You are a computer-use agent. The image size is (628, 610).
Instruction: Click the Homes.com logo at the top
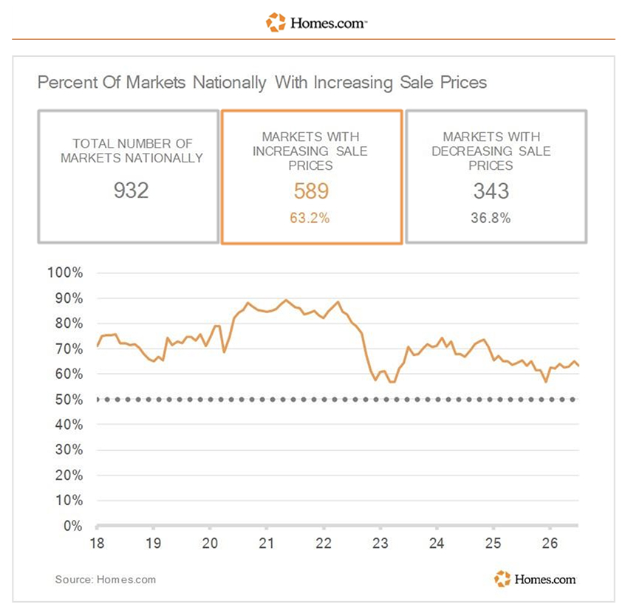tap(316, 22)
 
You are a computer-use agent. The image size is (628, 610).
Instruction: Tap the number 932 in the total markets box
tap(131, 191)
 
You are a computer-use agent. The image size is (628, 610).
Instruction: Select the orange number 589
tap(311, 191)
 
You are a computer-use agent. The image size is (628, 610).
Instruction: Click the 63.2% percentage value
tap(310, 218)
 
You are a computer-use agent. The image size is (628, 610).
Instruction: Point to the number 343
tap(491, 191)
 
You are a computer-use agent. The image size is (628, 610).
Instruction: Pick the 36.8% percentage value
tap(491, 218)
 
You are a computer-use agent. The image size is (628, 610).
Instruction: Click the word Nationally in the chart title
tap(230, 83)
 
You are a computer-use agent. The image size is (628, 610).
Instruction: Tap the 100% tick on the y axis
tap(65, 273)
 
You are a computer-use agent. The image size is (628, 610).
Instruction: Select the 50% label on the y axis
tap(69, 400)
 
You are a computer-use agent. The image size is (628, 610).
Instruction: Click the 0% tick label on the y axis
tap(73, 526)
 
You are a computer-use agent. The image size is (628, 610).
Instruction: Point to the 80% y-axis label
tap(69, 323)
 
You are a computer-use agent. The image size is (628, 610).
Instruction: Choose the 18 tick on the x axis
tap(97, 543)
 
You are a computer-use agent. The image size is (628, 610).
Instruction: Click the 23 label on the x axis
tap(380, 543)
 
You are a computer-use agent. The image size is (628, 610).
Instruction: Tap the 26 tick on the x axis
tap(550, 543)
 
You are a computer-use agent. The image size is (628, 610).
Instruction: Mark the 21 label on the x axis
tap(266, 543)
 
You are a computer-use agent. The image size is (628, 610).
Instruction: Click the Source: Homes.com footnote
tap(106, 580)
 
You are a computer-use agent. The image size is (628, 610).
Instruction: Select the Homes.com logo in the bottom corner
tap(535, 579)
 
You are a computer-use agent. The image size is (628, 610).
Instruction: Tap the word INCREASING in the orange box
tap(290, 151)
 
